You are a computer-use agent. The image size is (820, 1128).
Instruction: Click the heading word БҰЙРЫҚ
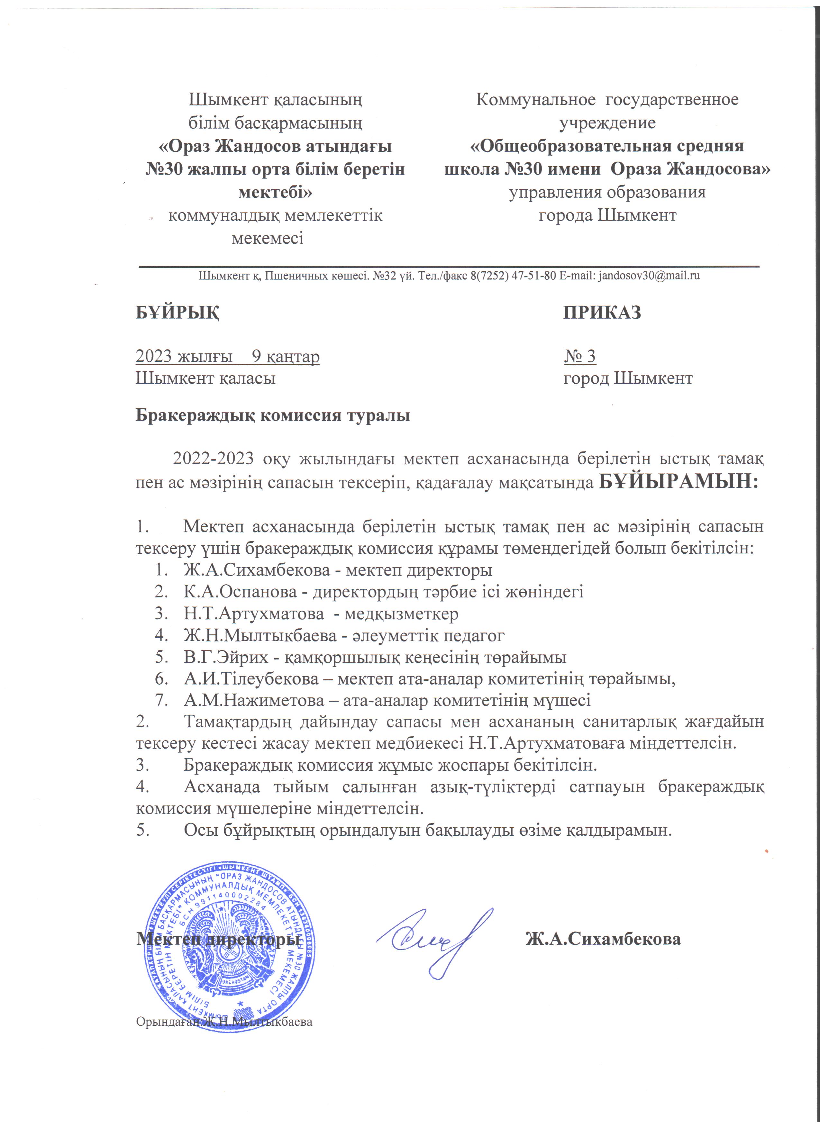(178, 312)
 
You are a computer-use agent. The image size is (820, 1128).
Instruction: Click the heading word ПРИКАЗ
(602, 312)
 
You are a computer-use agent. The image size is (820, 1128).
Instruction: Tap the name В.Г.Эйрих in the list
(225, 658)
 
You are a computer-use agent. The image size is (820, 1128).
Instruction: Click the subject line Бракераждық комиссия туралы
(272, 415)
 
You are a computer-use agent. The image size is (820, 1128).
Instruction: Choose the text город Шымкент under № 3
(628, 378)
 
